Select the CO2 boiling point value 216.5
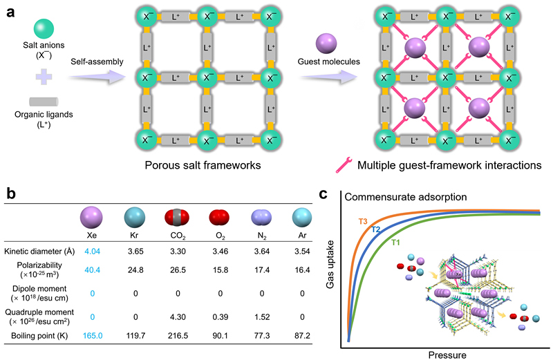tap(178, 335)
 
